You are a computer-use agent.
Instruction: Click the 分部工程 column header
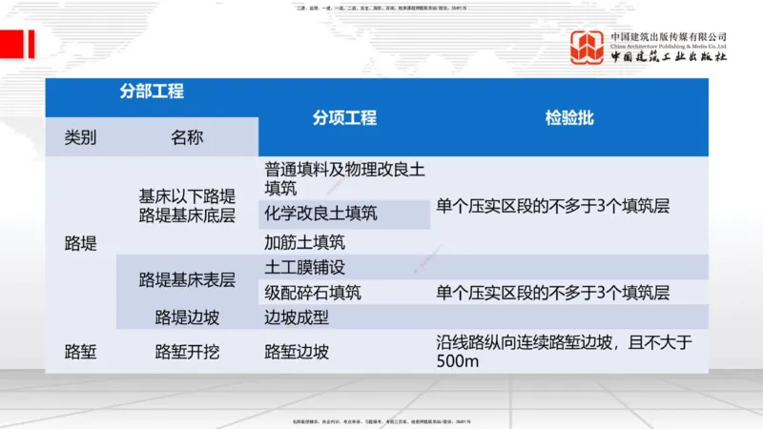pyautogui.click(x=152, y=92)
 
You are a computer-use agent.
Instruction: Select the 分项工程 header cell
pyautogui.click(x=344, y=118)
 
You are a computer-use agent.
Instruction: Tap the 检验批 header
pyautogui.click(x=569, y=118)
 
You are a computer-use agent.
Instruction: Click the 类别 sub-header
pyautogui.click(x=80, y=138)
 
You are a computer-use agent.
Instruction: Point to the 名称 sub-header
pyautogui.click(x=187, y=138)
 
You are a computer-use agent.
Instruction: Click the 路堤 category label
pyautogui.click(x=80, y=243)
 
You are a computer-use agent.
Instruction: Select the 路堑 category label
pyautogui.click(x=80, y=352)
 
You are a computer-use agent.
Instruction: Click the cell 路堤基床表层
pyautogui.click(x=187, y=280)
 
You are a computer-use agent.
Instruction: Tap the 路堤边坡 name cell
pyautogui.click(x=187, y=317)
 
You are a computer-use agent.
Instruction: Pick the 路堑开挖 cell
pyautogui.click(x=187, y=352)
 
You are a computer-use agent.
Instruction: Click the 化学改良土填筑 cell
pyautogui.click(x=320, y=214)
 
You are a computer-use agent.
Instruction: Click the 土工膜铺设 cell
pyautogui.click(x=305, y=267)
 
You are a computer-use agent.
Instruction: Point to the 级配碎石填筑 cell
pyautogui.click(x=313, y=293)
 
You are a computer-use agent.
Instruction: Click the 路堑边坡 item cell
pyautogui.click(x=297, y=352)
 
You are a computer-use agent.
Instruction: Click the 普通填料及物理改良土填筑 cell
pyautogui.click(x=344, y=178)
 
